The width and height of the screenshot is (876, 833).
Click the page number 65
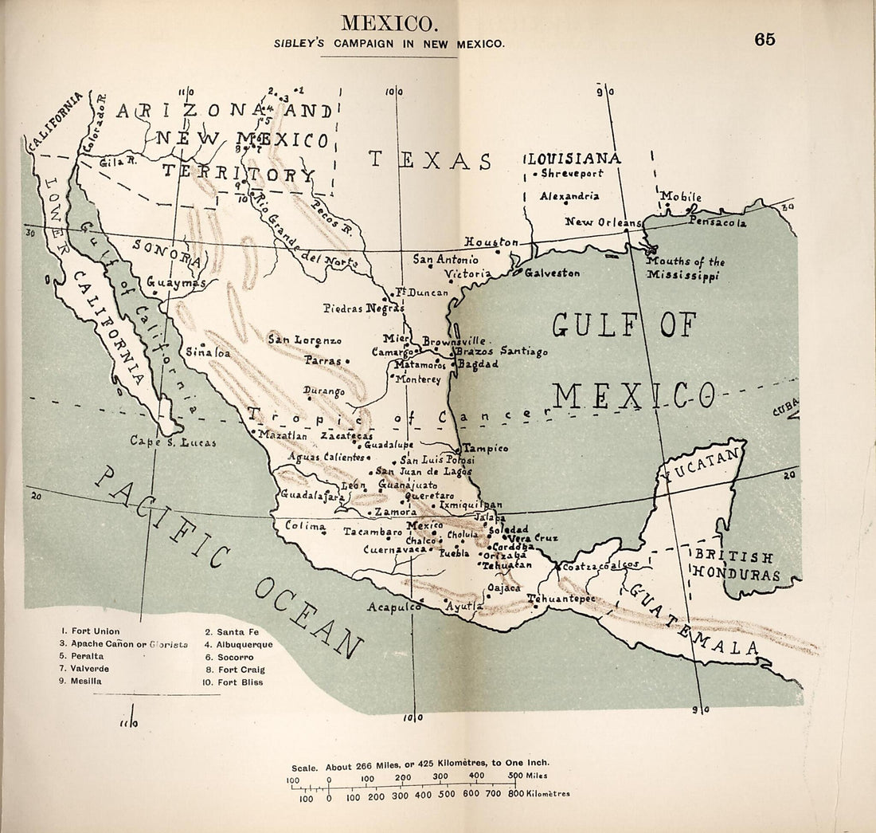coord(765,40)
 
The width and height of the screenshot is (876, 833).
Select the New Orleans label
coord(603,222)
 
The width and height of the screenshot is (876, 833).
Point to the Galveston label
coord(552,273)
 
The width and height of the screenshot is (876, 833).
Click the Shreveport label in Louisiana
coord(572,173)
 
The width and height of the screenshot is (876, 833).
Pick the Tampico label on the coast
coord(486,448)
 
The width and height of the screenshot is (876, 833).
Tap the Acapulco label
coord(393,607)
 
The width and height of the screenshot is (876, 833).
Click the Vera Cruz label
coord(534,538)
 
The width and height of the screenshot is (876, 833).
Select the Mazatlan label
coord(283,435)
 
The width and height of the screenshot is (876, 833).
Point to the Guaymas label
coord(176,282)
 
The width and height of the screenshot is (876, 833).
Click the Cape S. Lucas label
coord(173,441)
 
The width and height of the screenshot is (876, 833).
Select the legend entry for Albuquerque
coord(238,644)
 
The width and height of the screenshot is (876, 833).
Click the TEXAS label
coord(430,160)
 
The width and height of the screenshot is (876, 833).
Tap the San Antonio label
coord(445,259)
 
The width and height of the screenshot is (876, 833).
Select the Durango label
coord(324,391)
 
